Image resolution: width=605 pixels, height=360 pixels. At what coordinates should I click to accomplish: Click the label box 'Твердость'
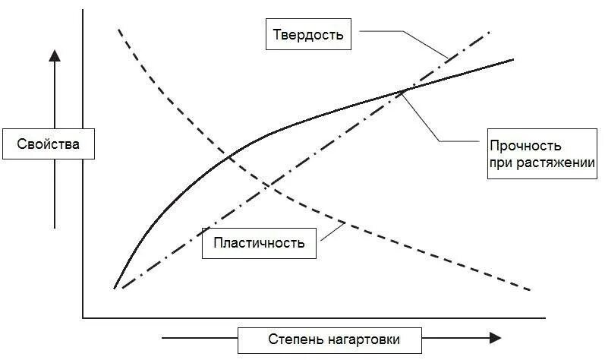tap(308, 35)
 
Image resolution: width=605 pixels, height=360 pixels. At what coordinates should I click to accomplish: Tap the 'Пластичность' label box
tap(259, 243)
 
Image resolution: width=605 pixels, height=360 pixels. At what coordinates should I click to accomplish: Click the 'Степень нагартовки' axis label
tap(333, 339)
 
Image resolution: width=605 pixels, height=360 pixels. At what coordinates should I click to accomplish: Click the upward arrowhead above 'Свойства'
tap(55, 54)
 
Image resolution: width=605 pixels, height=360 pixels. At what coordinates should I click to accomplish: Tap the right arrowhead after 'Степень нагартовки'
tap(495, 338)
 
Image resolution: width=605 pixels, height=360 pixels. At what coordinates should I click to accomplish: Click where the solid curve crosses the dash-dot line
tap(405, 90)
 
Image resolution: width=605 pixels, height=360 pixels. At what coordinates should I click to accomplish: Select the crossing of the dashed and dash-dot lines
tap(269, 184)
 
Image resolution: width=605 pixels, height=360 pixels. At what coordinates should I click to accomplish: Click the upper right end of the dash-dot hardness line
tap(489, 33)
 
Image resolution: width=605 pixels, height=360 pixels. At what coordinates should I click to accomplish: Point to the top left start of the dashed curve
tap(119, 29)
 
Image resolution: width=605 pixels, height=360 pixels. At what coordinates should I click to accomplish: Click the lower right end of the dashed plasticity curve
tap(528, 290)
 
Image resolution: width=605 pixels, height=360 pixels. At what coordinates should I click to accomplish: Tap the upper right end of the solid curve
tap(513, 58)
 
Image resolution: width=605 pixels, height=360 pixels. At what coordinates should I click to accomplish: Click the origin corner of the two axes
tap(82, 317)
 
